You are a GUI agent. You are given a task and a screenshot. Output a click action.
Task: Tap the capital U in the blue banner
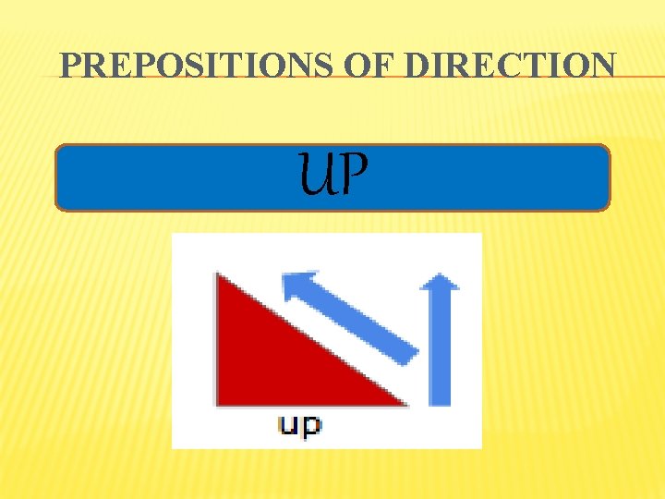pos(314,176)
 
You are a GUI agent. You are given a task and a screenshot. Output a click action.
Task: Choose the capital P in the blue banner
pos(353,176)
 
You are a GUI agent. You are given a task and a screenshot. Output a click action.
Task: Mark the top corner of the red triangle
pos(219,276)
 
